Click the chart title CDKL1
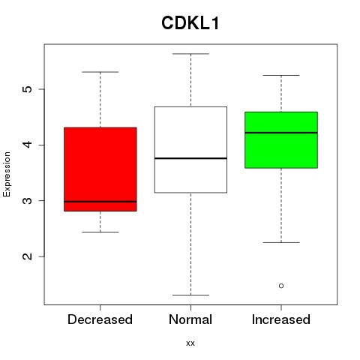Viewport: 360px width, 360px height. pos(190,23)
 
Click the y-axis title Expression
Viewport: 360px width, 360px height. pos(7,174)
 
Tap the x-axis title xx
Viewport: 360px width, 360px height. pos(190,343)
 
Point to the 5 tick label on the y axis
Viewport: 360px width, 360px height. pos(27,89)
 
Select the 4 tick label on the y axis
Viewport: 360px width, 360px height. pos(27,145)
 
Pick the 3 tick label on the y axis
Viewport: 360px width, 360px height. pos(27,200)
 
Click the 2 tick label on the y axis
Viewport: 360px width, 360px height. pos(27,256)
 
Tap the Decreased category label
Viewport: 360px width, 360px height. pos(100,319)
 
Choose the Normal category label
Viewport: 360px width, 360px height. pos(190,319)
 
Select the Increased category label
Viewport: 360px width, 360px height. pos(281,319)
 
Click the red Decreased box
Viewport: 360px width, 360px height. pos(100,169)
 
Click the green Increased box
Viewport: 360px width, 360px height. pos(281,140)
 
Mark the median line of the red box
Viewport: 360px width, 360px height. pos(100,202)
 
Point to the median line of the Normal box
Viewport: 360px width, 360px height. pos(190,158)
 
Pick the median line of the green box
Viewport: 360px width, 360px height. pos(281,133)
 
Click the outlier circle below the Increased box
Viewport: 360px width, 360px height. pos(281,286)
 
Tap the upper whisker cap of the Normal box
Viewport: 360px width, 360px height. pos(190,54)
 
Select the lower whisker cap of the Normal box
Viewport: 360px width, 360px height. pos(190,295)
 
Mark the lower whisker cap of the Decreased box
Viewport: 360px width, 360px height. pos(100,232)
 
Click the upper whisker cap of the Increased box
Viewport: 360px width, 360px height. pos(281,75)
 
